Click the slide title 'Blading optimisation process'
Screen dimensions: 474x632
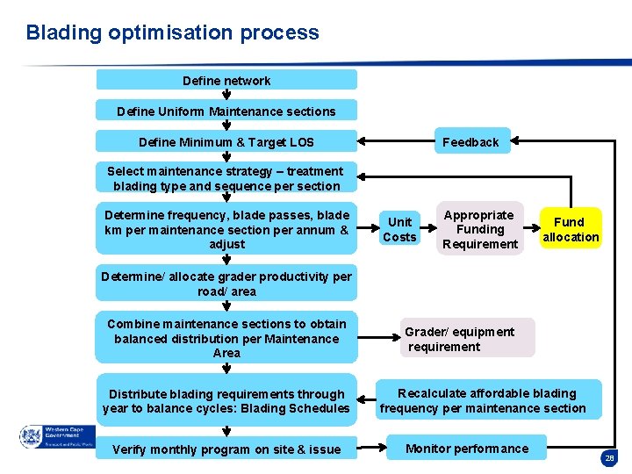172,33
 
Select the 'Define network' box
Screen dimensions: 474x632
226,81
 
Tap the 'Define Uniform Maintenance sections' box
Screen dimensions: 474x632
226,111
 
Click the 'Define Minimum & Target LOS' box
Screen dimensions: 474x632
226,142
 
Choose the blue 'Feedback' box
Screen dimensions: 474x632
470,142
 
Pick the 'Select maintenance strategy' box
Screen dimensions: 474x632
226,178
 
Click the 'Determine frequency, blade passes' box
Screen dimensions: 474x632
226,229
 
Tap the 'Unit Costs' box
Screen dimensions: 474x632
399,230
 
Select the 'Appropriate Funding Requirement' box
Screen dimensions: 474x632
479,229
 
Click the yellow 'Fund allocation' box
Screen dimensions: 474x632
571,230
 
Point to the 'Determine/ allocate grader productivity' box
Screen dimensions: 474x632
226,284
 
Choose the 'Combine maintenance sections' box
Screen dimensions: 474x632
226,338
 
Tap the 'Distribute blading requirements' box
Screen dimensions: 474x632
226,401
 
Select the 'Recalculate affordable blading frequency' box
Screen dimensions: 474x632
489,400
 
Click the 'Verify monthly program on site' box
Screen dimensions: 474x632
226,449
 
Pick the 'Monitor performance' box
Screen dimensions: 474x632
467,449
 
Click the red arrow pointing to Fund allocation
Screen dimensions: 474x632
532,229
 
